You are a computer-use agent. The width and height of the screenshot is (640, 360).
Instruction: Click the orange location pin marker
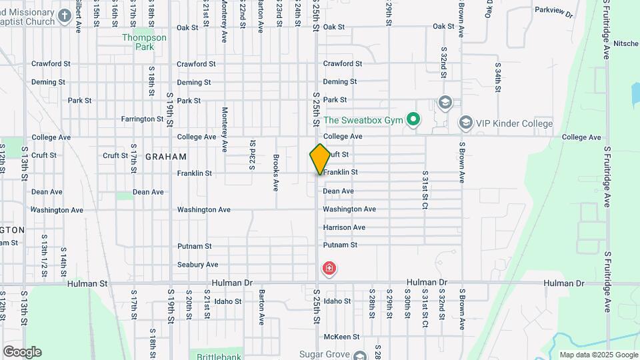click(320, 159)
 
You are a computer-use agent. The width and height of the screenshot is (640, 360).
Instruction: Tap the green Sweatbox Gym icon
click(413, 121)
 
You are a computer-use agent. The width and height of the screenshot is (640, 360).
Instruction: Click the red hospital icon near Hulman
click(329, 269)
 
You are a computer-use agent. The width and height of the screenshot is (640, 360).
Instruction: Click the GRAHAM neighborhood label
click(165, 156)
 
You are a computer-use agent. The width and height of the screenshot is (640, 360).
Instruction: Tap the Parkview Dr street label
click(553, 11)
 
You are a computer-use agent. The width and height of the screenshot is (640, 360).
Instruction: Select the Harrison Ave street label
click(344, 227)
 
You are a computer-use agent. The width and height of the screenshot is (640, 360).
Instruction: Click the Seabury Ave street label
click(197, 265)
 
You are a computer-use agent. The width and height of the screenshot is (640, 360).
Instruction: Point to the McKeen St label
click(341, 337)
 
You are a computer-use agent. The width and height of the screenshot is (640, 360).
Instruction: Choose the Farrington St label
click(142, 119)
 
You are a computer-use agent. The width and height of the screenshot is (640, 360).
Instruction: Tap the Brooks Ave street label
click(276, 172)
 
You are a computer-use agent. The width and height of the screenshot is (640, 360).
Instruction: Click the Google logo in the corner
click(22, 352)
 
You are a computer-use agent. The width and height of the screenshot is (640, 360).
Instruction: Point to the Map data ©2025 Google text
click(598, 355)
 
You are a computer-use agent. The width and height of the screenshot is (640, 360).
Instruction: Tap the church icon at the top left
click(65, 15)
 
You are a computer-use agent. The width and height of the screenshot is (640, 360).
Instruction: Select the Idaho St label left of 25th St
click(228, 301)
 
